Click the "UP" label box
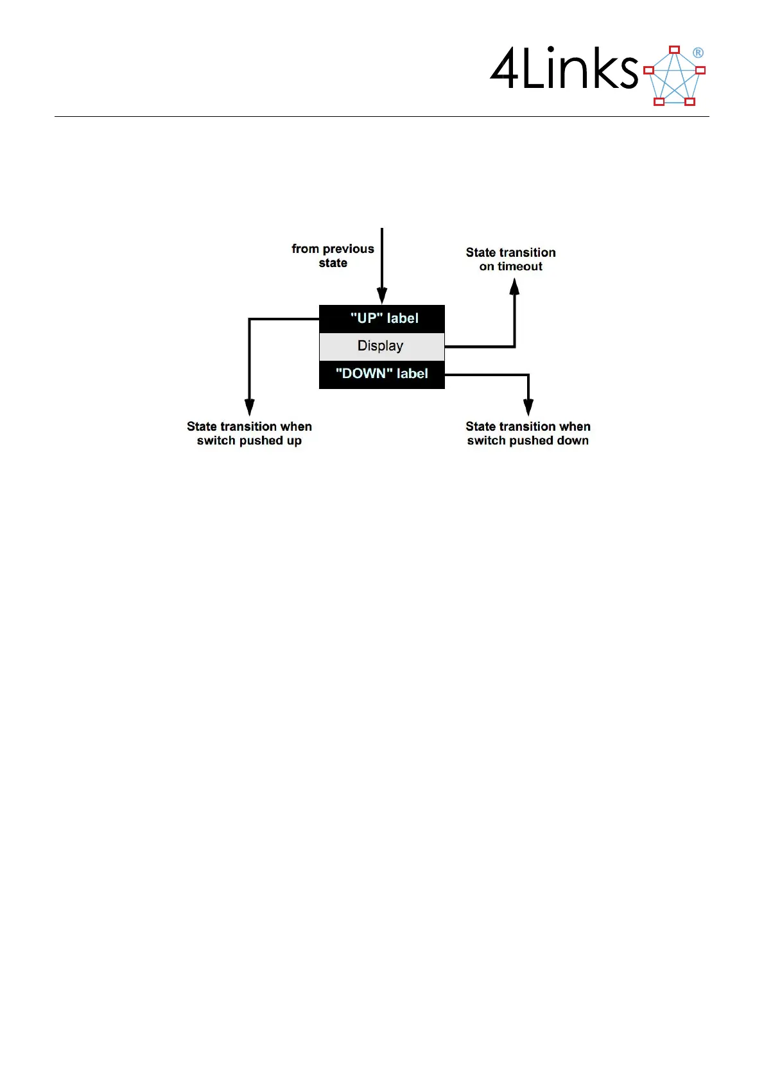pyautogui.click(x=382, y=318)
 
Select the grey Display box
pyautogui.click(x=382, y=346)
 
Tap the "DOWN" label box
pyautogui.click(x=382, y=374)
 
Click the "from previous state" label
pyautogui.click(x=333, y=255)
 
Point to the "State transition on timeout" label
pyautogui.click(x=511, y=259)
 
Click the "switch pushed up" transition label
pyautogui.click(x=249, y=433)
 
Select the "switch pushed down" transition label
pyautogui.click(x=528, y=433)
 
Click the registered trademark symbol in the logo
pyautogui.click(x=698, y=53)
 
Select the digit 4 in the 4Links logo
pyautogui.click(x=504, y=69)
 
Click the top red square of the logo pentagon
pyautogui.click(x=674, y=49)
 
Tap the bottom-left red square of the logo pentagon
pyautogui.click(x=659, y=101)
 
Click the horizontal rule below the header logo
pyautogui.click(x=382, y=116)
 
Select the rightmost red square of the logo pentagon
pyautogui.click(x=700, y=70)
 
